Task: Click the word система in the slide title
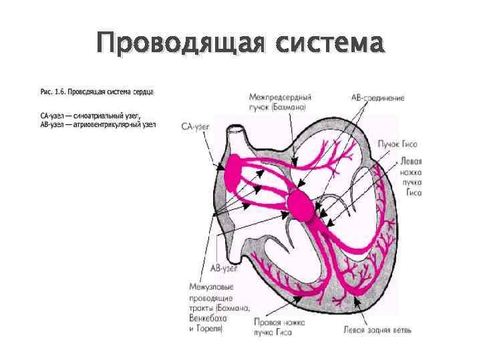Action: tap(329, 45)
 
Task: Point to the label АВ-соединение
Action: tap(377, 98)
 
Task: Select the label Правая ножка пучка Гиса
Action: tap(279, 327)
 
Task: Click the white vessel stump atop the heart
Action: tap(234, 141)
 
